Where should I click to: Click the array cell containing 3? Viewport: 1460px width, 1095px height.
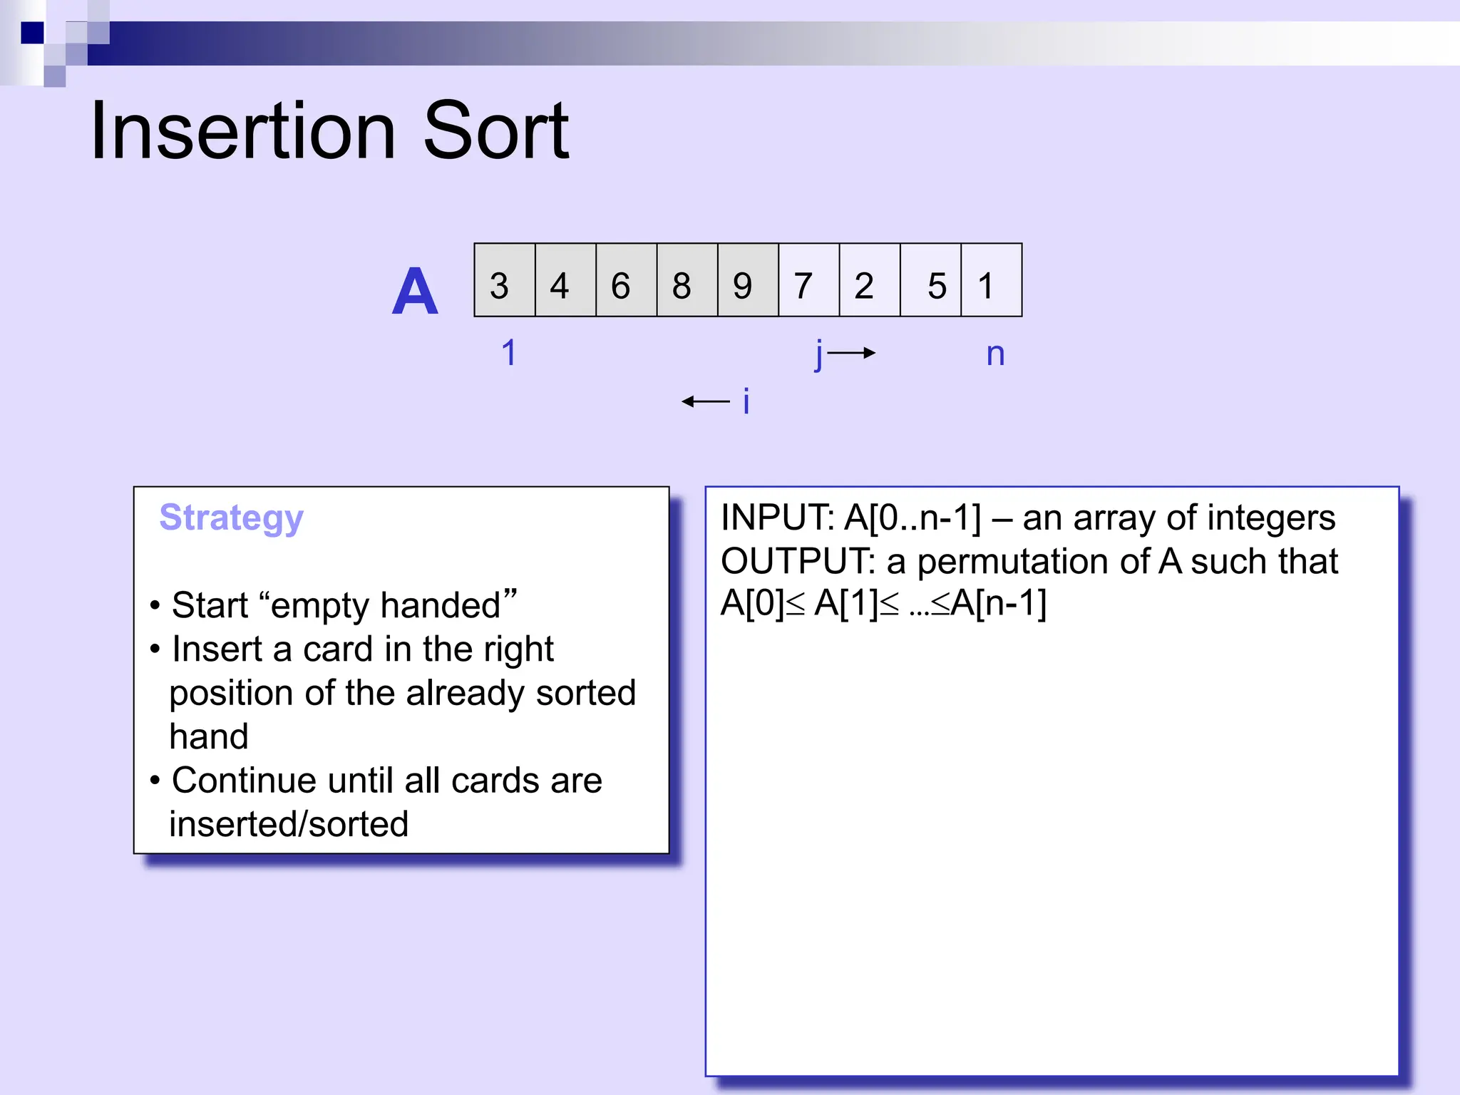pyautogui.click(x=504, y=280)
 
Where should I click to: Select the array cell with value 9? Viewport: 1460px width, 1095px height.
pyautogui.click(x=748, y=280)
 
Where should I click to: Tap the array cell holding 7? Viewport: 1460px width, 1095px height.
pyautogui.click(x=808, y=280)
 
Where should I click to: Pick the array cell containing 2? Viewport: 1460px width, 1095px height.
pyautogui.click(x=870, y=280)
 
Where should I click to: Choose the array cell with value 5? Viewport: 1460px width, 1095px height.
pyautogui.click(x=931, y=280)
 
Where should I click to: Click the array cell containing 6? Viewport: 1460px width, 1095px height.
pyautogui.click(x=626, y=280)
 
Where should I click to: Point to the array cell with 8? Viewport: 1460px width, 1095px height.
pyautogui.click(x=687, y=280)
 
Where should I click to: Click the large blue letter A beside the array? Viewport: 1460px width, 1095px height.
pyautogui.click(x=415, y=292)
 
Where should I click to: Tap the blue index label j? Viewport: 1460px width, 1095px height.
pyautogui.click(x=819, y=354)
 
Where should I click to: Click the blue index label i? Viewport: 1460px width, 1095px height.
pyautogui.click(x=746, y=401)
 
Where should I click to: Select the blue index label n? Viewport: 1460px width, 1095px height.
pyautogui.click(x=995, y=354)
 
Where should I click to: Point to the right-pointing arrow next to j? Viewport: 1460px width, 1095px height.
pyautogui.click(x=852, y=353)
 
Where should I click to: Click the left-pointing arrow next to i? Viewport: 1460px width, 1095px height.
pyautogui.click(x=706, y=402)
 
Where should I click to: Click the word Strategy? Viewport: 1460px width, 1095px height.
pyautogui.click(x=231, y=518)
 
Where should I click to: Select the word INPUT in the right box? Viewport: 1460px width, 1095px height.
pyautogui.click(x=776, y=518)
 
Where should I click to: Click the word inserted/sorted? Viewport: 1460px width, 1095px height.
pyautogui.click(x=289, y=824)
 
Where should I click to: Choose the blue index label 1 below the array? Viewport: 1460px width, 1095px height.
pyautogui.click(x=508, y=353)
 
